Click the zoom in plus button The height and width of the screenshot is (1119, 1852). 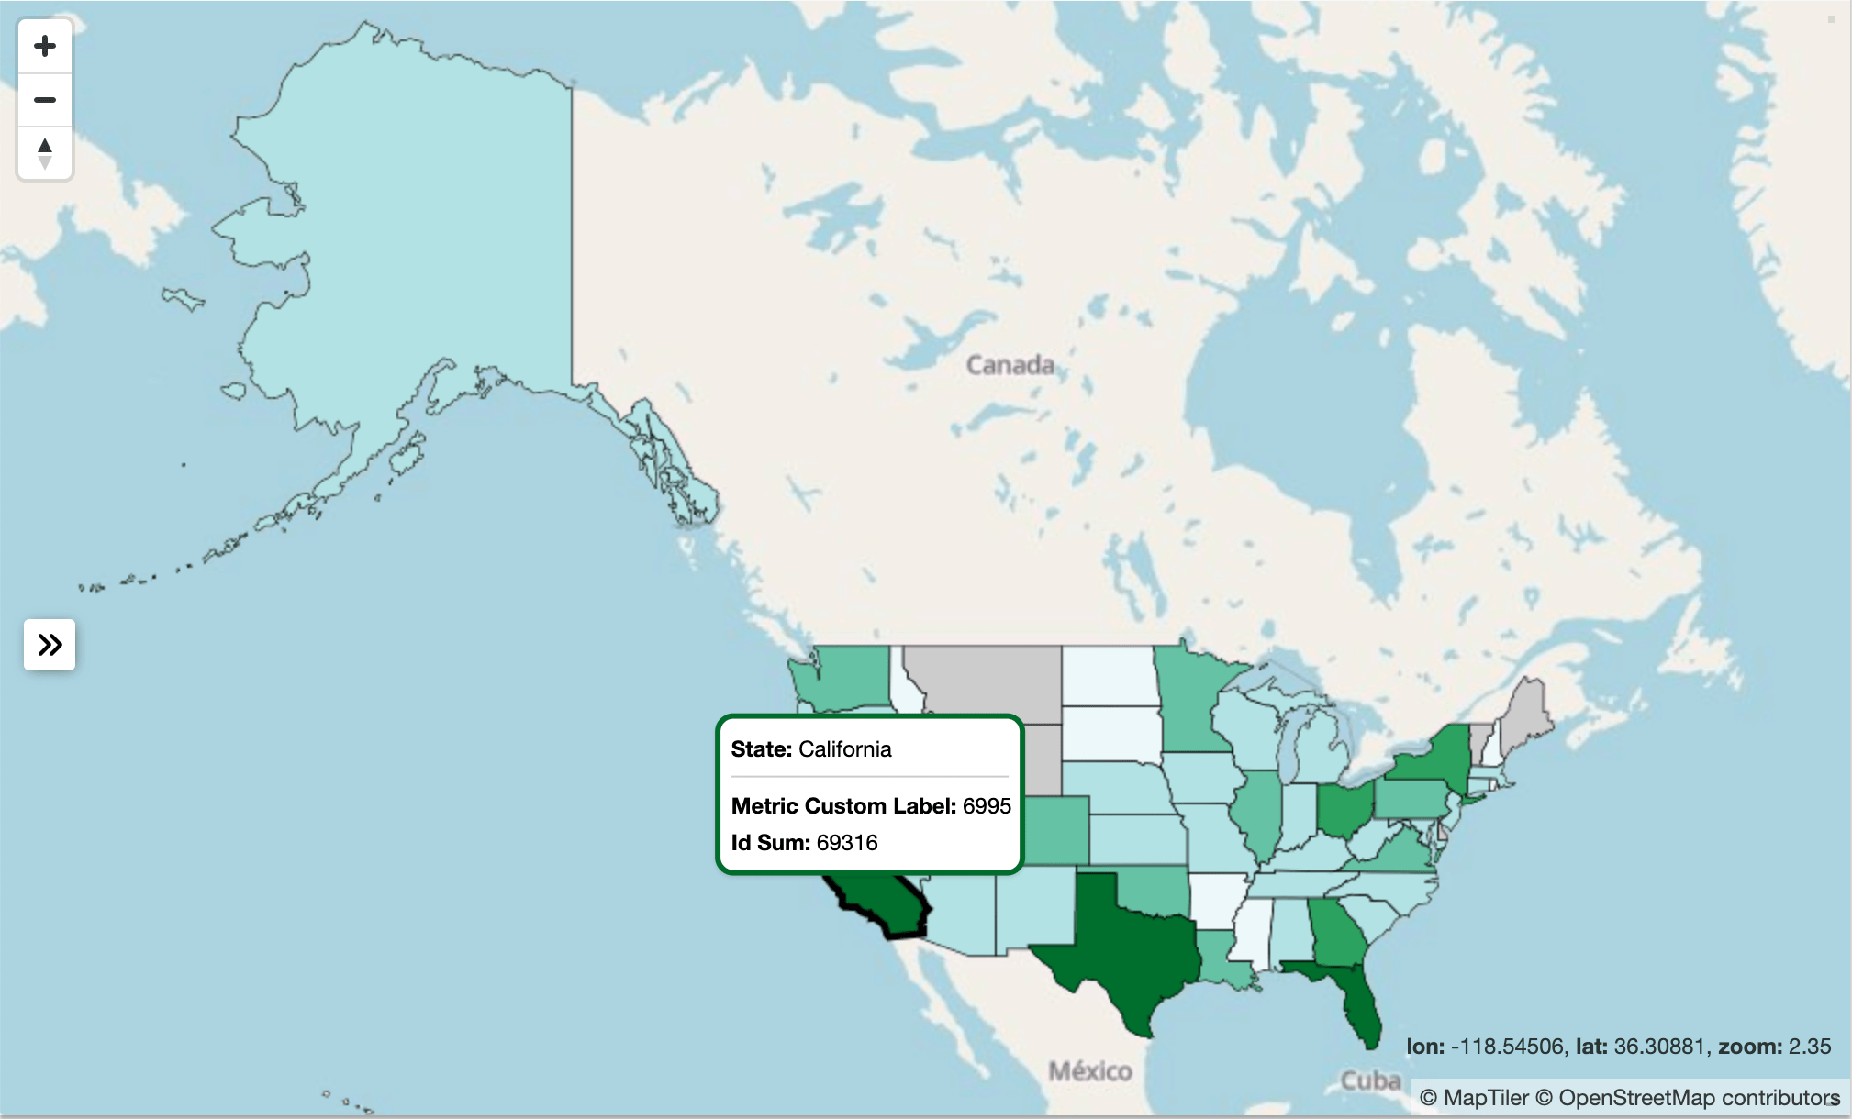45,47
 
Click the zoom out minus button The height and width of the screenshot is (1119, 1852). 45,99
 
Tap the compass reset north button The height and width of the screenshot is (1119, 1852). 45,152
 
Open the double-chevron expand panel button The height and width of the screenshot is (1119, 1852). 50,645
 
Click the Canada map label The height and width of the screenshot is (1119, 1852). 1010,365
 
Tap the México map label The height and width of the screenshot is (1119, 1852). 1089,1070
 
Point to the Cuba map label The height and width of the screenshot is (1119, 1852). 1370,1080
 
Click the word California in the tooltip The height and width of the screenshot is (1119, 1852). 844,749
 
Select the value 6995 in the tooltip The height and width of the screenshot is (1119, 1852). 987,806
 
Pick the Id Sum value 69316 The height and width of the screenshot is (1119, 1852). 847,843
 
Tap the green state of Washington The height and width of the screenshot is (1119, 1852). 849,679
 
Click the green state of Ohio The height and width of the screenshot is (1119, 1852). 1344,807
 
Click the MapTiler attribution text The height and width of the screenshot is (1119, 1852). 1474,1098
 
